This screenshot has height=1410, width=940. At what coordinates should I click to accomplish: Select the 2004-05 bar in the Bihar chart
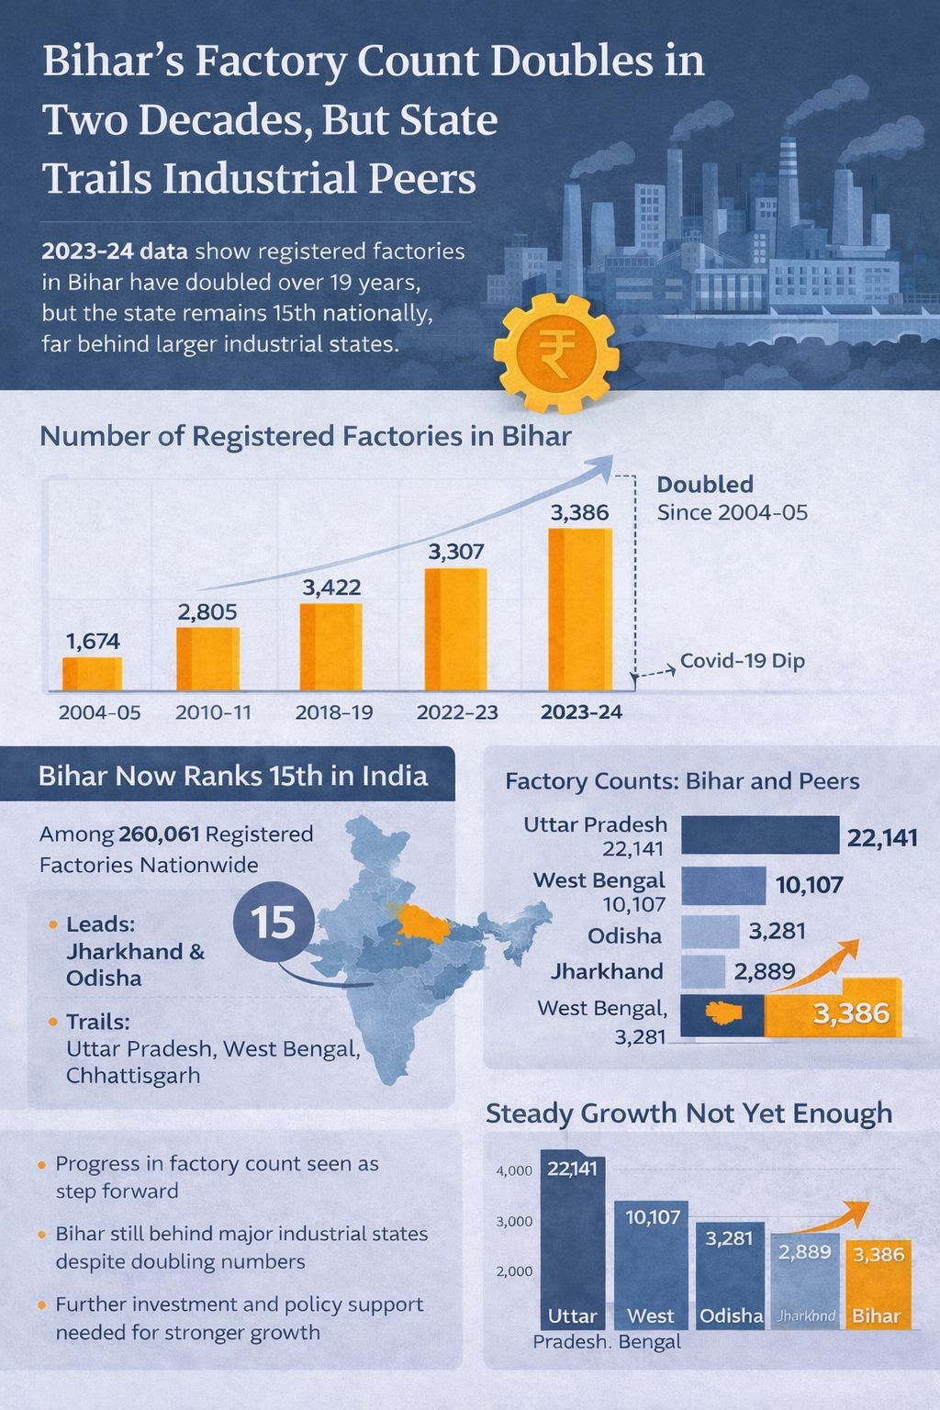pos(92,673)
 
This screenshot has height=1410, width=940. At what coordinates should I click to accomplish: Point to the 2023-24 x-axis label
pos(581,712)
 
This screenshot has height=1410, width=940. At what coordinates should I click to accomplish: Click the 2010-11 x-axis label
pos(213,712)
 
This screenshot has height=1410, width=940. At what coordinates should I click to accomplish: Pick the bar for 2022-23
pos(455,630)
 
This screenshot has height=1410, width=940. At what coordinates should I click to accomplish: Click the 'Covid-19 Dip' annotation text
pos(742,661)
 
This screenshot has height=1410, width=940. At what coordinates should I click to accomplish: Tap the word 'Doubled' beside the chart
pos(705,485)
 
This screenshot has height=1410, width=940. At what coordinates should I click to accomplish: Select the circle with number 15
pos(273,921)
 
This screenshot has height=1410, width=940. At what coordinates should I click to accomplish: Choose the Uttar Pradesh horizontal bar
pos(760,835)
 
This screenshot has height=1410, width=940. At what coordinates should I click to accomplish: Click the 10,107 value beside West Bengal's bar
pos(809,885)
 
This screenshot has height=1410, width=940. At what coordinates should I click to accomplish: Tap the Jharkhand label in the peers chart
pos(607,971)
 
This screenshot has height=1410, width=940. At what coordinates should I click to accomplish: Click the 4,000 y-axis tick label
pos(514,1170)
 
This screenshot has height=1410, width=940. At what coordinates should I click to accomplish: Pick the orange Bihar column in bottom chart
pos(878,1285)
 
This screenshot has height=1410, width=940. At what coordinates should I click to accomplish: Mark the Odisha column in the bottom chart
pos(731,1276)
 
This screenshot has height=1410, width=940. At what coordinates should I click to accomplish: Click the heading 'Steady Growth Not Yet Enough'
pos(688,1113)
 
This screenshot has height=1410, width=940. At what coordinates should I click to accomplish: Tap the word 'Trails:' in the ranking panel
pos(97,1022)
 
